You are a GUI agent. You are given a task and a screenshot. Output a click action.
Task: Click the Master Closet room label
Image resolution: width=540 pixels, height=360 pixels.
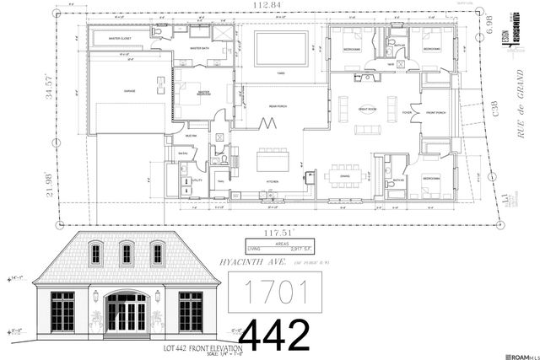pos(120,39)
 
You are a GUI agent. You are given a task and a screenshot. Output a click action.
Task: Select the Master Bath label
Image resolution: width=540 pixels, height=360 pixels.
pos(200,49)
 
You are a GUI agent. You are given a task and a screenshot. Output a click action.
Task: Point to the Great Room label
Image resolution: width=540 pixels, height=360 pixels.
pos(367,110)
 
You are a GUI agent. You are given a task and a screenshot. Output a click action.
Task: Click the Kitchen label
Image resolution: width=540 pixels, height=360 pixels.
pos(273,181)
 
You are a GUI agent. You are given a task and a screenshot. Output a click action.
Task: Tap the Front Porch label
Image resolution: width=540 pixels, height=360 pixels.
pos(435,112)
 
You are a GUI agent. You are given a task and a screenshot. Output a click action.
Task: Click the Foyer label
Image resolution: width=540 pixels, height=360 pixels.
pos(407,112)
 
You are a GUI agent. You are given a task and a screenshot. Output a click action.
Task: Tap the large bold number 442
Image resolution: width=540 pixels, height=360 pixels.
pos(275,335)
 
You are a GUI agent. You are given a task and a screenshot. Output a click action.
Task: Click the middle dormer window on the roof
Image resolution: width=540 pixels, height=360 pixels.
pos(127,252)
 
